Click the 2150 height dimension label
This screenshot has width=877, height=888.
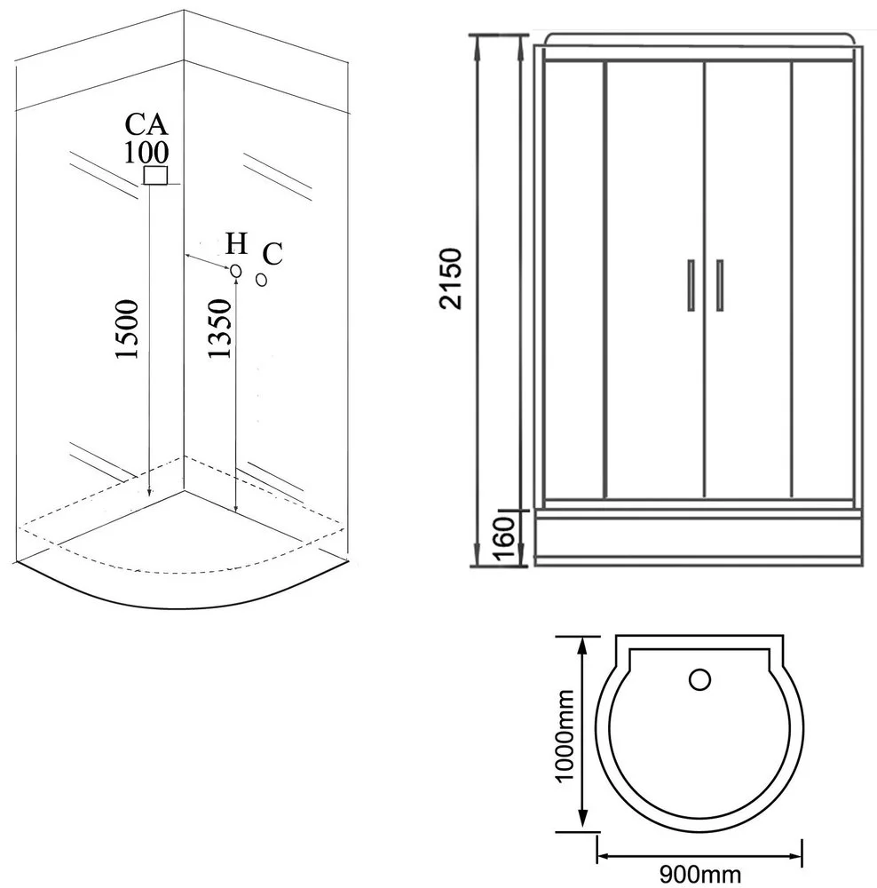point(451,279)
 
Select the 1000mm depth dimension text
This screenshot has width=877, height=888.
point(564,735)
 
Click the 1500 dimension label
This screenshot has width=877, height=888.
point(127,329)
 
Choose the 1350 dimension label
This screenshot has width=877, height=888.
point(219,329)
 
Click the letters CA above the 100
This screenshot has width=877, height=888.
point(146,124)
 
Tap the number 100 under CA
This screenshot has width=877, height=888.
point(146,152)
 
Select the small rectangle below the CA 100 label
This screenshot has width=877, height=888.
point(155,176)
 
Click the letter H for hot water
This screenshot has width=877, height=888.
point(237,243)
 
